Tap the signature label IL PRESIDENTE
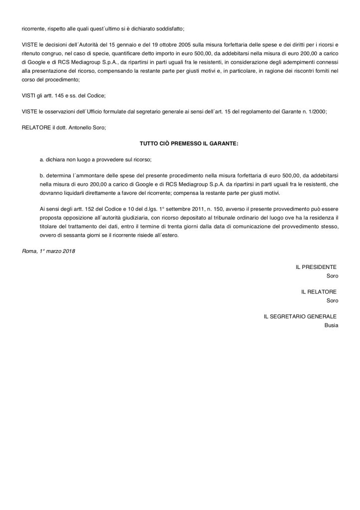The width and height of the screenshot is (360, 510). click(316, 267)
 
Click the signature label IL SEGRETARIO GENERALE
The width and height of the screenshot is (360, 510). click(300, 316)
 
